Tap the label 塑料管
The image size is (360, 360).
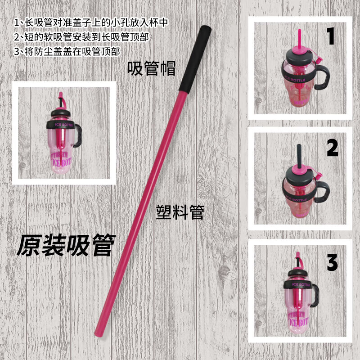tap(180, 212)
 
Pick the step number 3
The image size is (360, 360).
tap(332, 263)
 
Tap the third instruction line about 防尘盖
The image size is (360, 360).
tap(67, 51)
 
